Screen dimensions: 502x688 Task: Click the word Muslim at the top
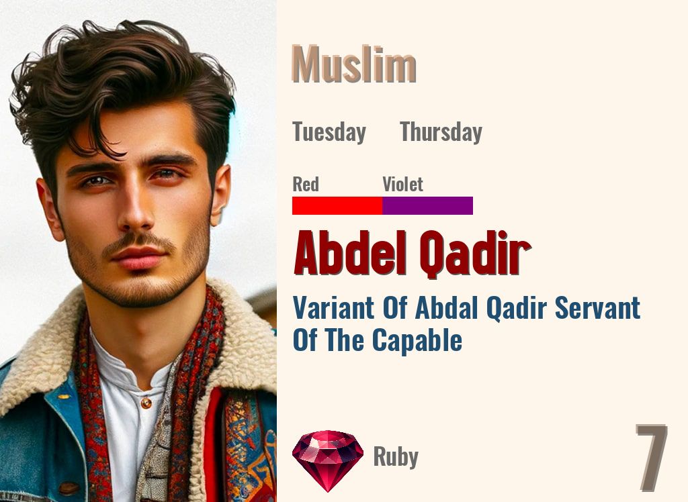(354, 65)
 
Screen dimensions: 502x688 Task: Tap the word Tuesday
(329, 132)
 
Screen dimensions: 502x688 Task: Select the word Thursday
(441, 132)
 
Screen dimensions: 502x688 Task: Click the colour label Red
(306, 184)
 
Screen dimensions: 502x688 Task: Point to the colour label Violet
(402, 184)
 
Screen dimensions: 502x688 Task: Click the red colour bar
(337, 205)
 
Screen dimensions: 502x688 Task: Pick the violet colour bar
(427, 205)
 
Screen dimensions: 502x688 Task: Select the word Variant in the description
(333, 308)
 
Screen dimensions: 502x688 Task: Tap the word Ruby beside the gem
(396, 457)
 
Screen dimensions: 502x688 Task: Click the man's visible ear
(220, 195)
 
